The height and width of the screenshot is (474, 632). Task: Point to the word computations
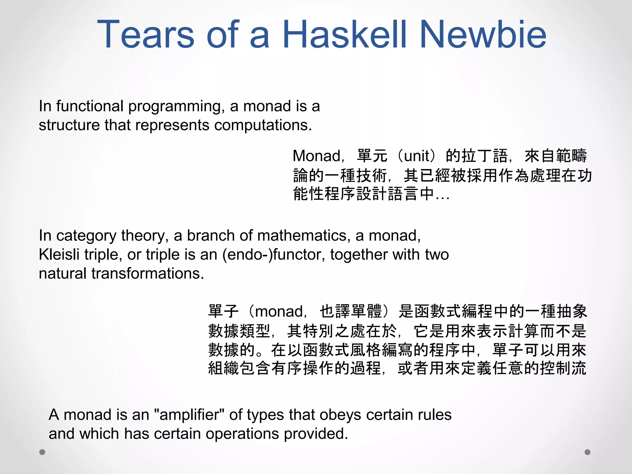click(x=263, y=125)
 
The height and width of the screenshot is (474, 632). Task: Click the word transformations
click(x=148, y=274)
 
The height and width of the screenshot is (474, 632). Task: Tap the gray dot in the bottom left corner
click(x=42, y=452)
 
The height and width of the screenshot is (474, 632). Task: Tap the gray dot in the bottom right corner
click(x=588, y=452)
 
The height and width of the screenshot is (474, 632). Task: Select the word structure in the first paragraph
click(x=69, y=125)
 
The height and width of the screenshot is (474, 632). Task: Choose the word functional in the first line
click(x=90, y=106)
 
